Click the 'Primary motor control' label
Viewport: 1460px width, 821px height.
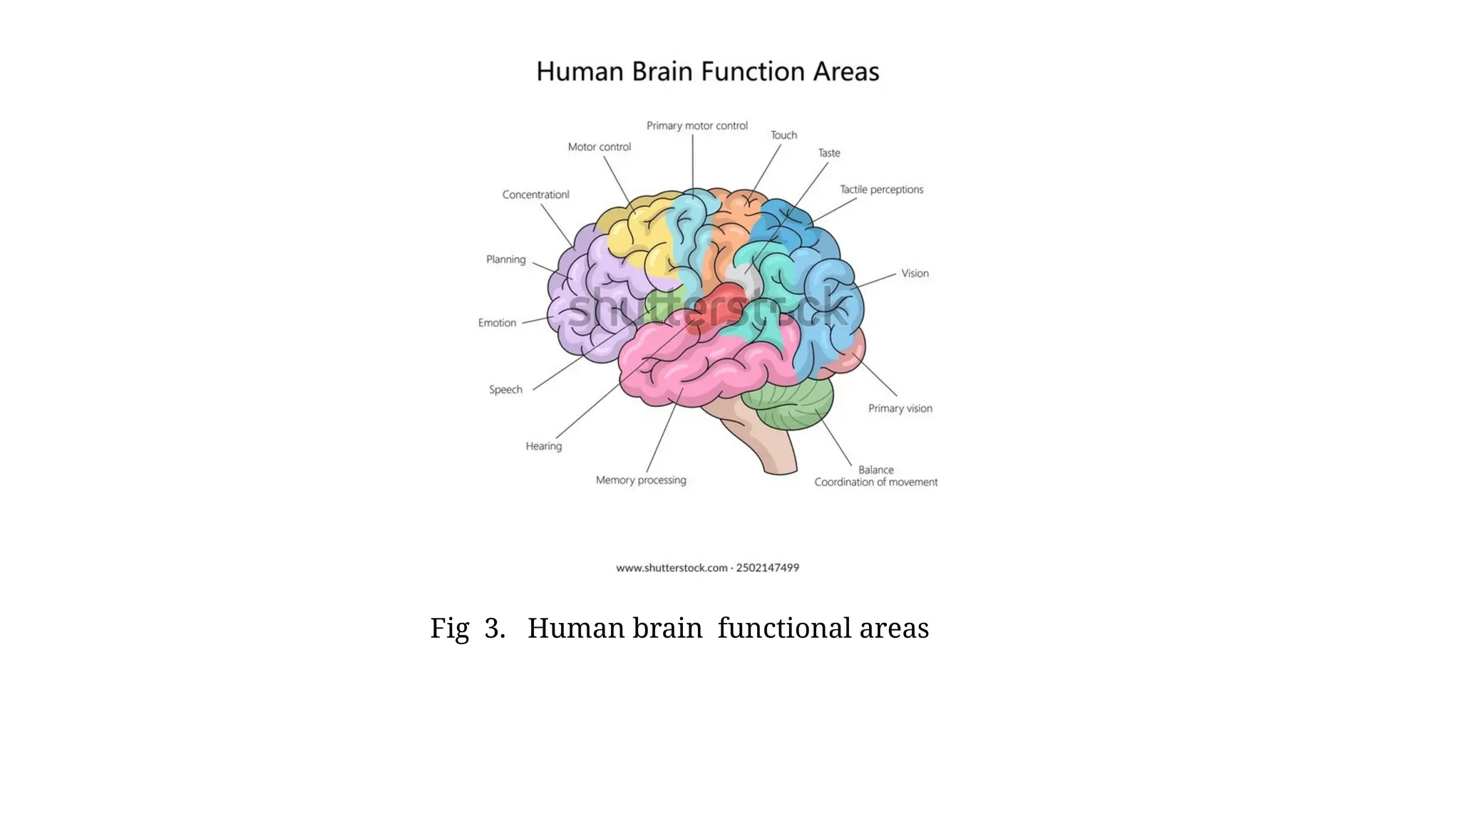coord(696,126)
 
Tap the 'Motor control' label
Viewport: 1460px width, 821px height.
coord(599,148)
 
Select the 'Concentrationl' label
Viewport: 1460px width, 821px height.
coord(535,195)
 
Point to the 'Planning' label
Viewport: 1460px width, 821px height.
coord(505,259)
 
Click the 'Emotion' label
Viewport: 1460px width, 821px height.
coord(497,323)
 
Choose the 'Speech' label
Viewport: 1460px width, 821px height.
coord(505,390)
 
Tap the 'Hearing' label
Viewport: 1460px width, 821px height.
coord(543,446)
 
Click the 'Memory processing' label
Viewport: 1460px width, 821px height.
coord(641,480)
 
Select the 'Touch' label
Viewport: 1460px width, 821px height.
coord(783,135)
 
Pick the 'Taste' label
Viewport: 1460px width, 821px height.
coord(828,153)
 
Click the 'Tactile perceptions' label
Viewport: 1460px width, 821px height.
coord(881,190)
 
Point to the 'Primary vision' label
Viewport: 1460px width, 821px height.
coord(900,408)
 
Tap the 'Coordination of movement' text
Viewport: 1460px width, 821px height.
coord(875,482)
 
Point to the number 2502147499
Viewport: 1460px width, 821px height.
coord(767,568)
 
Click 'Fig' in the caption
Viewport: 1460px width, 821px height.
coord(449,629)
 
